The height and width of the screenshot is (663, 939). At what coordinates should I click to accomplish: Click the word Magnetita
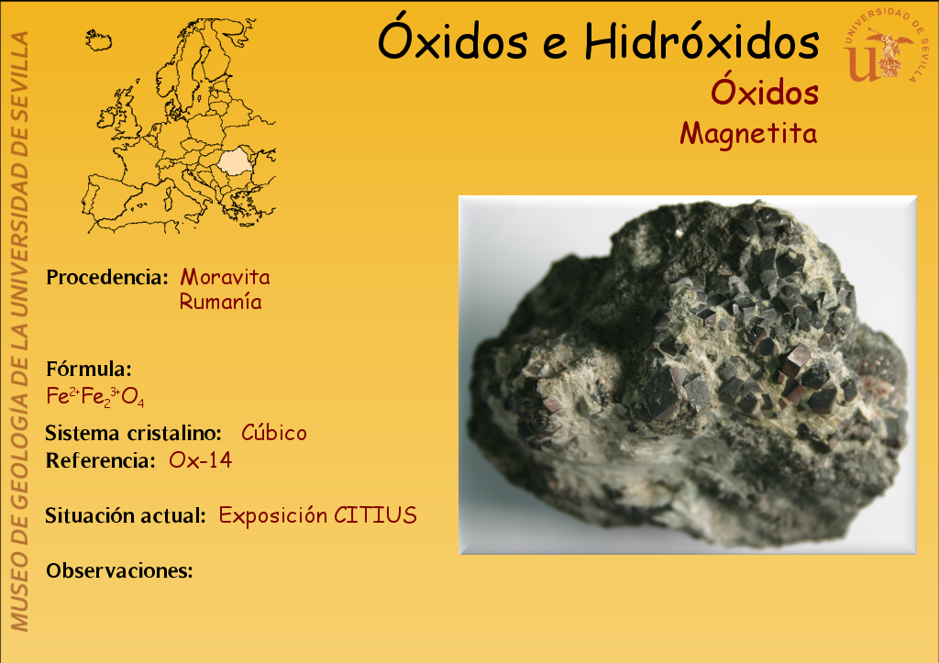[748, 134]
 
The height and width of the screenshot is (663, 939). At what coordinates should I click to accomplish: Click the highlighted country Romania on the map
[234, 161]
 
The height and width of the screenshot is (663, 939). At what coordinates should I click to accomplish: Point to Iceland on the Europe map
[98, 40]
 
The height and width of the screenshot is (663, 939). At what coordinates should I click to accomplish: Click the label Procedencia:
[107, 277]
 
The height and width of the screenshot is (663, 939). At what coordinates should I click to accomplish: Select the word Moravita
[226, 277]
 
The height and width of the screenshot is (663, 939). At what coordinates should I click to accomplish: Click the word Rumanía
[220, 302]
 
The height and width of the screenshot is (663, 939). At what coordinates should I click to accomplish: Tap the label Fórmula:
[89, 369]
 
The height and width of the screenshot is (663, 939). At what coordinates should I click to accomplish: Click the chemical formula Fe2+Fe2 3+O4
[95, 396]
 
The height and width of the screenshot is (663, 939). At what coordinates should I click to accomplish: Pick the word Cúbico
[273, 432]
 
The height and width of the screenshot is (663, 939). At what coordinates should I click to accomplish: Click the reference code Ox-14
[200, 459]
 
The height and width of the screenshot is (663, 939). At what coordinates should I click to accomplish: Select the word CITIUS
[375, 515]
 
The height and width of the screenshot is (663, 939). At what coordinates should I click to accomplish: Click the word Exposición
[273, 515]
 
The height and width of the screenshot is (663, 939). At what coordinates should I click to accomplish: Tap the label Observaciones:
[119, 570]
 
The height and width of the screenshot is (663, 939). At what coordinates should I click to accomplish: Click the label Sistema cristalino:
[133, 433]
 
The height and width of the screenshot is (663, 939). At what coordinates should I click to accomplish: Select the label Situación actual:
[125, 515]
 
